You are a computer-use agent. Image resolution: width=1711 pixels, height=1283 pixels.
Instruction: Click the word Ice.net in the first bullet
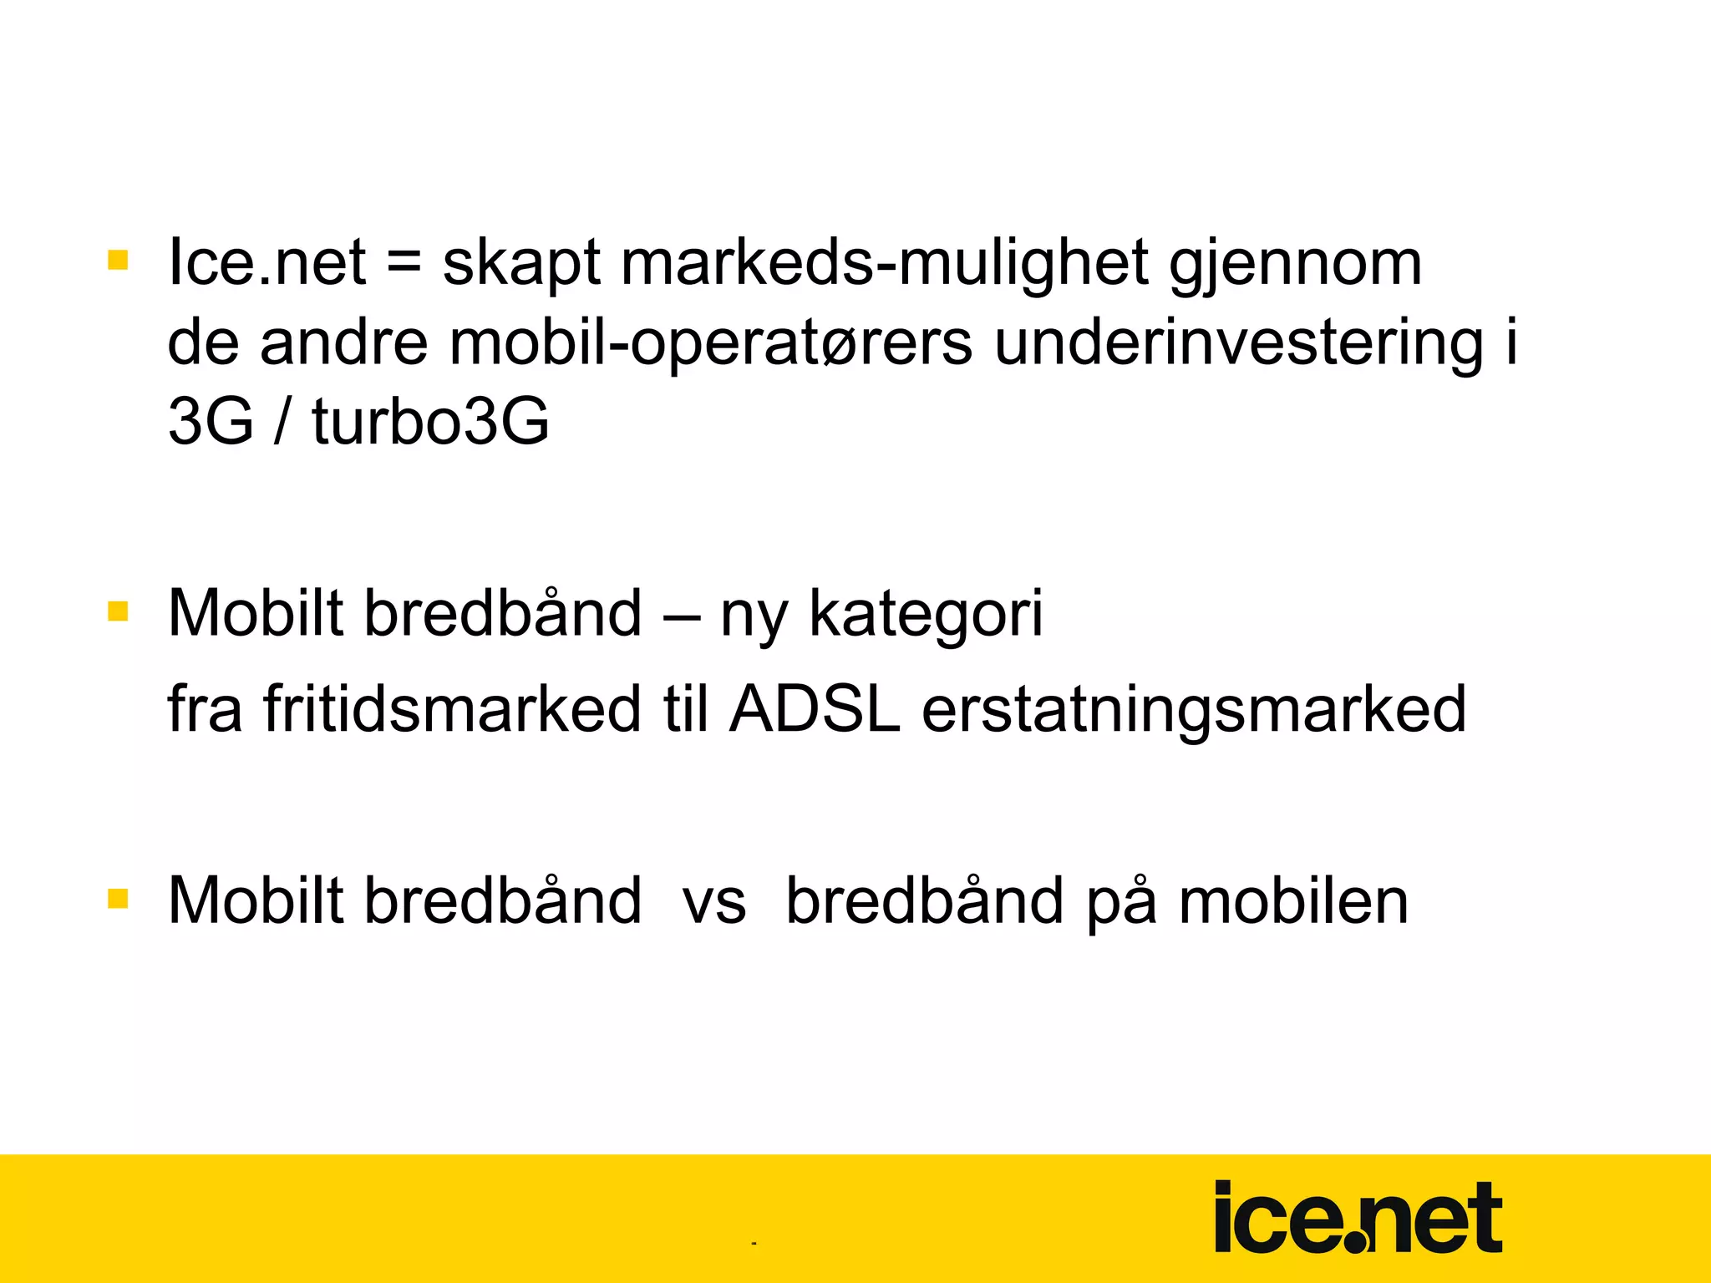267,262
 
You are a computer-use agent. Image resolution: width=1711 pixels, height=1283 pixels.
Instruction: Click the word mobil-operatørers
711,343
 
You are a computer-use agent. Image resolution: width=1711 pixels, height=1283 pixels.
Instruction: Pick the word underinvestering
1239,343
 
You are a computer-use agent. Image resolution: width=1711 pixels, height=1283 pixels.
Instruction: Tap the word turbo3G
430,420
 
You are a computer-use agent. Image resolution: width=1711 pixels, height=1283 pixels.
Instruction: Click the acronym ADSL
815,708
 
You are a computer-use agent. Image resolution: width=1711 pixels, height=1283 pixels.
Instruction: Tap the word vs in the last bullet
714,902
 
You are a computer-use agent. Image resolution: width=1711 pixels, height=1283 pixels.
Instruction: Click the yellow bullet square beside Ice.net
118,260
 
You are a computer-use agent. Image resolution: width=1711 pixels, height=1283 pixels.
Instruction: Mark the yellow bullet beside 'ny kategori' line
118,611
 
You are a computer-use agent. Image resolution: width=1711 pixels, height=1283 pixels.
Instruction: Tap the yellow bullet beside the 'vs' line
118,899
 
